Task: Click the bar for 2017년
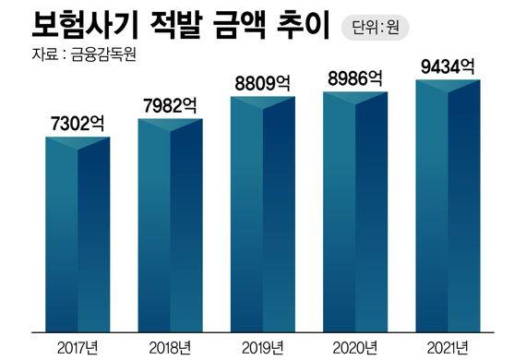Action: tap(78, 235)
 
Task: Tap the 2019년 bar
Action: tap(262, 212)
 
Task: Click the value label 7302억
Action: tap(78, 123)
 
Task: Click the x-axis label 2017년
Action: tap(78, 346)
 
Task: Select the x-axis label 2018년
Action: tap(170, 346)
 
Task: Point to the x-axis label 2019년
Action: tap(262, 346)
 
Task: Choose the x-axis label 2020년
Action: tap(355, 346)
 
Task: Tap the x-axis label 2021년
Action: tap(448, 346)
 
